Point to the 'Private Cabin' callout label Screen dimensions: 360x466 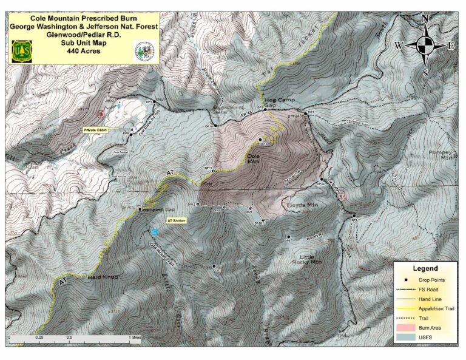(95, 130)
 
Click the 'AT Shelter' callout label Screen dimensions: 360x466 (177, 220)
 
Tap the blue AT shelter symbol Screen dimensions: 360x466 (155, 231)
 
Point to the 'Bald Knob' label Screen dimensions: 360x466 (100, 277)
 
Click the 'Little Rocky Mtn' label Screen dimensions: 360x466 (311, 260)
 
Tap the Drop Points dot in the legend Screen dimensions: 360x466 (405, 279)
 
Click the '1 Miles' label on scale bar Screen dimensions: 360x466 (135, 336)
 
